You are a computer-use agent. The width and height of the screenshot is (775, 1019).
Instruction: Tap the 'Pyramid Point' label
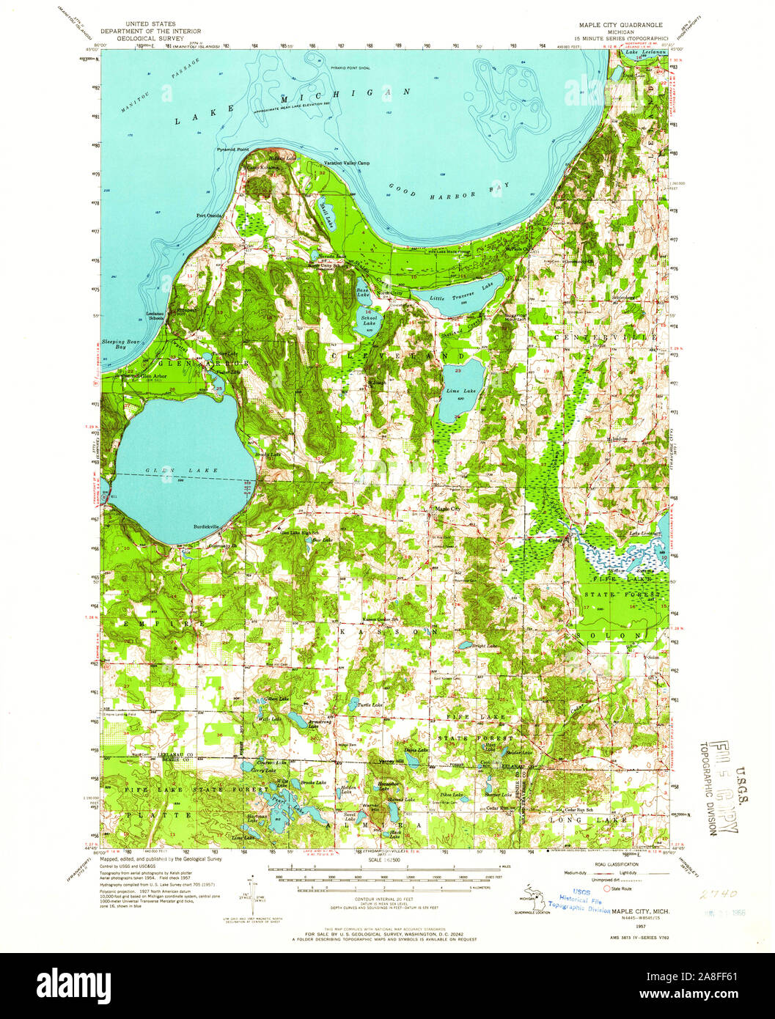(232, 150)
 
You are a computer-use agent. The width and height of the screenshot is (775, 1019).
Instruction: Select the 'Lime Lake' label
(461, 391)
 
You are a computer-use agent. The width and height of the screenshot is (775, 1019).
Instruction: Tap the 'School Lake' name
(369, 319)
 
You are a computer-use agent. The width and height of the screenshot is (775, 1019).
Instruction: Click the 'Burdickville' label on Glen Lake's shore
(206, 526)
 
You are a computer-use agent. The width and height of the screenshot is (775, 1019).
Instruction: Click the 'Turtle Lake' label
(370, 705)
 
